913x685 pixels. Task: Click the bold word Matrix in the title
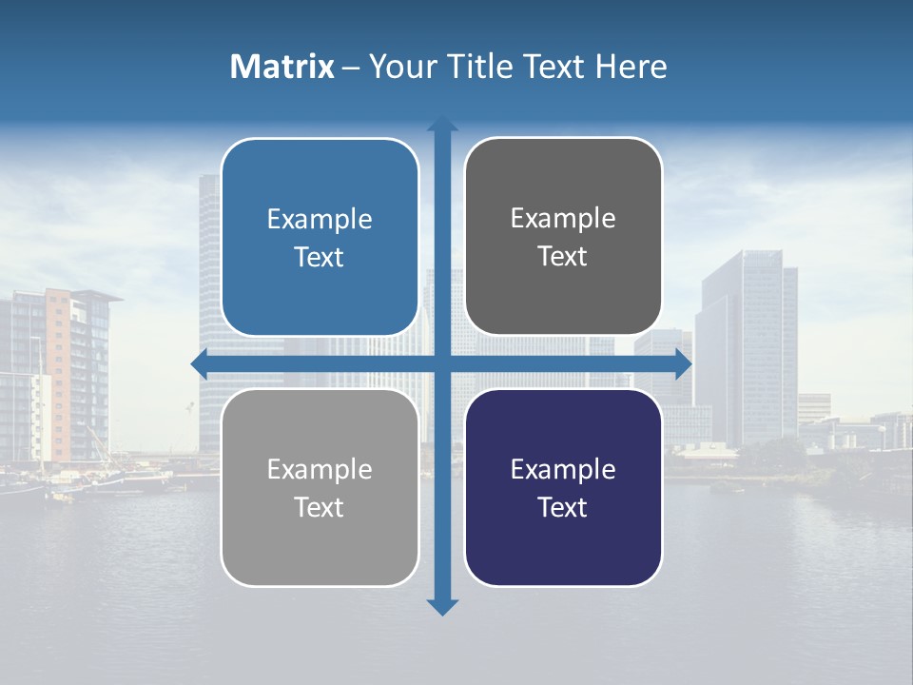pos(282,67)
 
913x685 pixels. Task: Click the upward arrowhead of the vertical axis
pos(442,124)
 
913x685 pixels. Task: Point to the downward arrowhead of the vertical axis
pos(442,606)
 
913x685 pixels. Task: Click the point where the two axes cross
pos(442,362)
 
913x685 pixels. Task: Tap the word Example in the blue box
pos(320,220)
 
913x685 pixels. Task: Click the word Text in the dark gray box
pos(563,257)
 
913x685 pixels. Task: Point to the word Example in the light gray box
pos(320,470)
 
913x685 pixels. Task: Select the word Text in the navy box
pos(563,508)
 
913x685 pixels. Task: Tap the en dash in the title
pos(351,68)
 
